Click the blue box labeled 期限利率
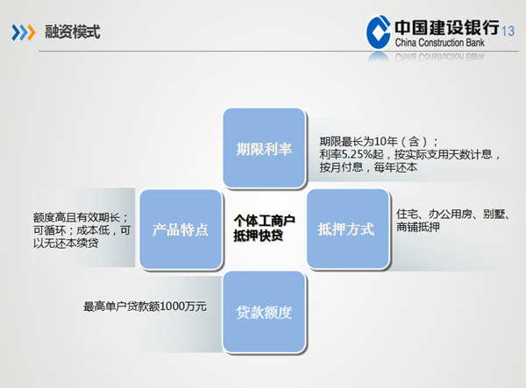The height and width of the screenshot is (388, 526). [x=264, y=148]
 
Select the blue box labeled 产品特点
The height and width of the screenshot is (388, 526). [x=181, y=229]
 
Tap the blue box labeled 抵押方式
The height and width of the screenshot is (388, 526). [x=348, y=229]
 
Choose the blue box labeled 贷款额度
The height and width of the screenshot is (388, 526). [x=264, y=312]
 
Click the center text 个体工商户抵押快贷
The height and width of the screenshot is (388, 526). [x=264, y=228]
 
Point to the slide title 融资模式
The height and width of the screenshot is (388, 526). [x=73, y=32]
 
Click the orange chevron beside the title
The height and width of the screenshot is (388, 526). [x=31, y=32]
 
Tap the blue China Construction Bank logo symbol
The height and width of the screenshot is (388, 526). [x=379, y=32]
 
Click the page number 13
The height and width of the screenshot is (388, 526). [x=508, y=32]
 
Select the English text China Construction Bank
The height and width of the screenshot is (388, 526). [x=440, y=43]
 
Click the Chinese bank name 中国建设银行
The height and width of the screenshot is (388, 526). [x=447, y=27]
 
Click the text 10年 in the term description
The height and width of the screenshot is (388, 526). [x=386, y=141]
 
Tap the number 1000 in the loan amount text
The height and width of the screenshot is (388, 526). [x=173, y=307]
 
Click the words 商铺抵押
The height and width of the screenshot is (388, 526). [x=418, y=227]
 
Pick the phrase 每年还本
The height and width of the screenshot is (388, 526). [x=395, y=167]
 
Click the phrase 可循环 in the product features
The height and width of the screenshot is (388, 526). [x=50, y=230]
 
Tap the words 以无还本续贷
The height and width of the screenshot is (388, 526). [x=66, y=243]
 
